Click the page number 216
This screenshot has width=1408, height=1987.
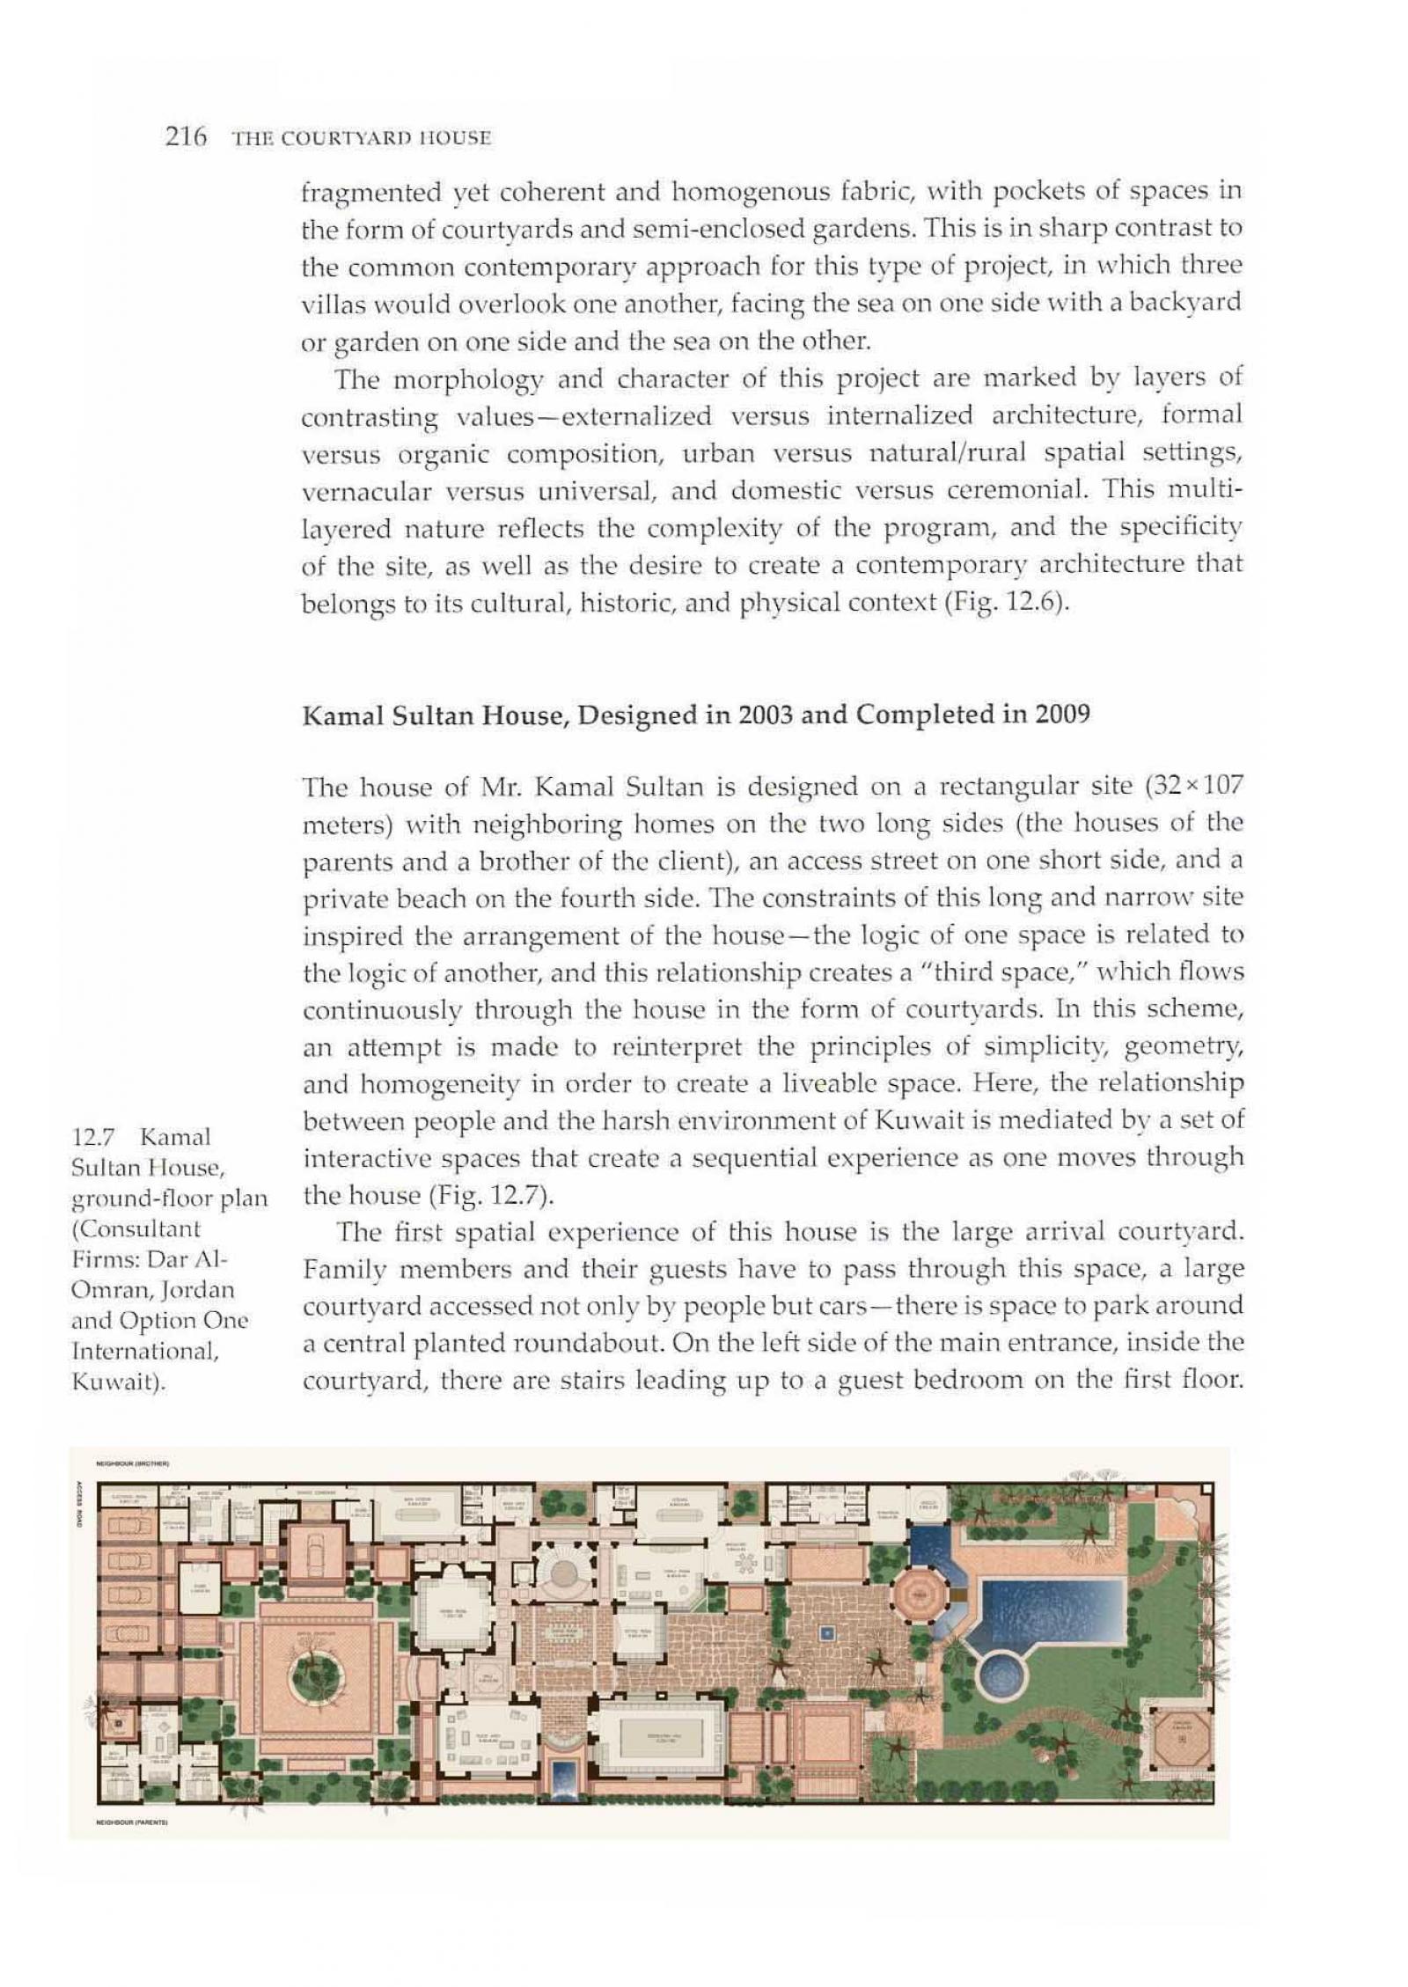click(185, 137)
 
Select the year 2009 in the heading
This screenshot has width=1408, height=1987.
click(1061, 713)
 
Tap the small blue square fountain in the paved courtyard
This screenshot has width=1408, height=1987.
click(825, 1634)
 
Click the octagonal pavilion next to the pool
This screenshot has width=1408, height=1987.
click(920, 1592)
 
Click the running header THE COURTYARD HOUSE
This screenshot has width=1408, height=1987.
click(361, 138)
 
